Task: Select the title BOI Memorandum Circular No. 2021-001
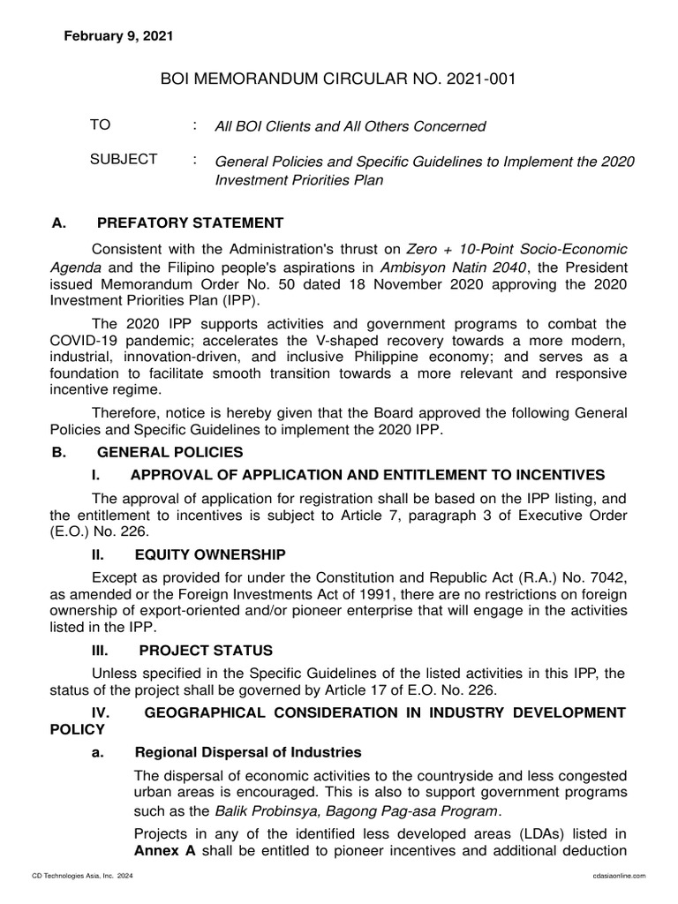(x=338, y=80)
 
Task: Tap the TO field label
(x=101, y=125)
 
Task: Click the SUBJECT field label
(x=124, y=159)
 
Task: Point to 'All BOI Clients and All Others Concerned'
(x=350, y=126)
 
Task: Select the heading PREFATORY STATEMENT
(x=190, y=222)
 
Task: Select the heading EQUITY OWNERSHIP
(x=210, y=554)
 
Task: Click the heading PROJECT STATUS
(x=204, y=651)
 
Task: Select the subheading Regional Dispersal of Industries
(x=248, y=752)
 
